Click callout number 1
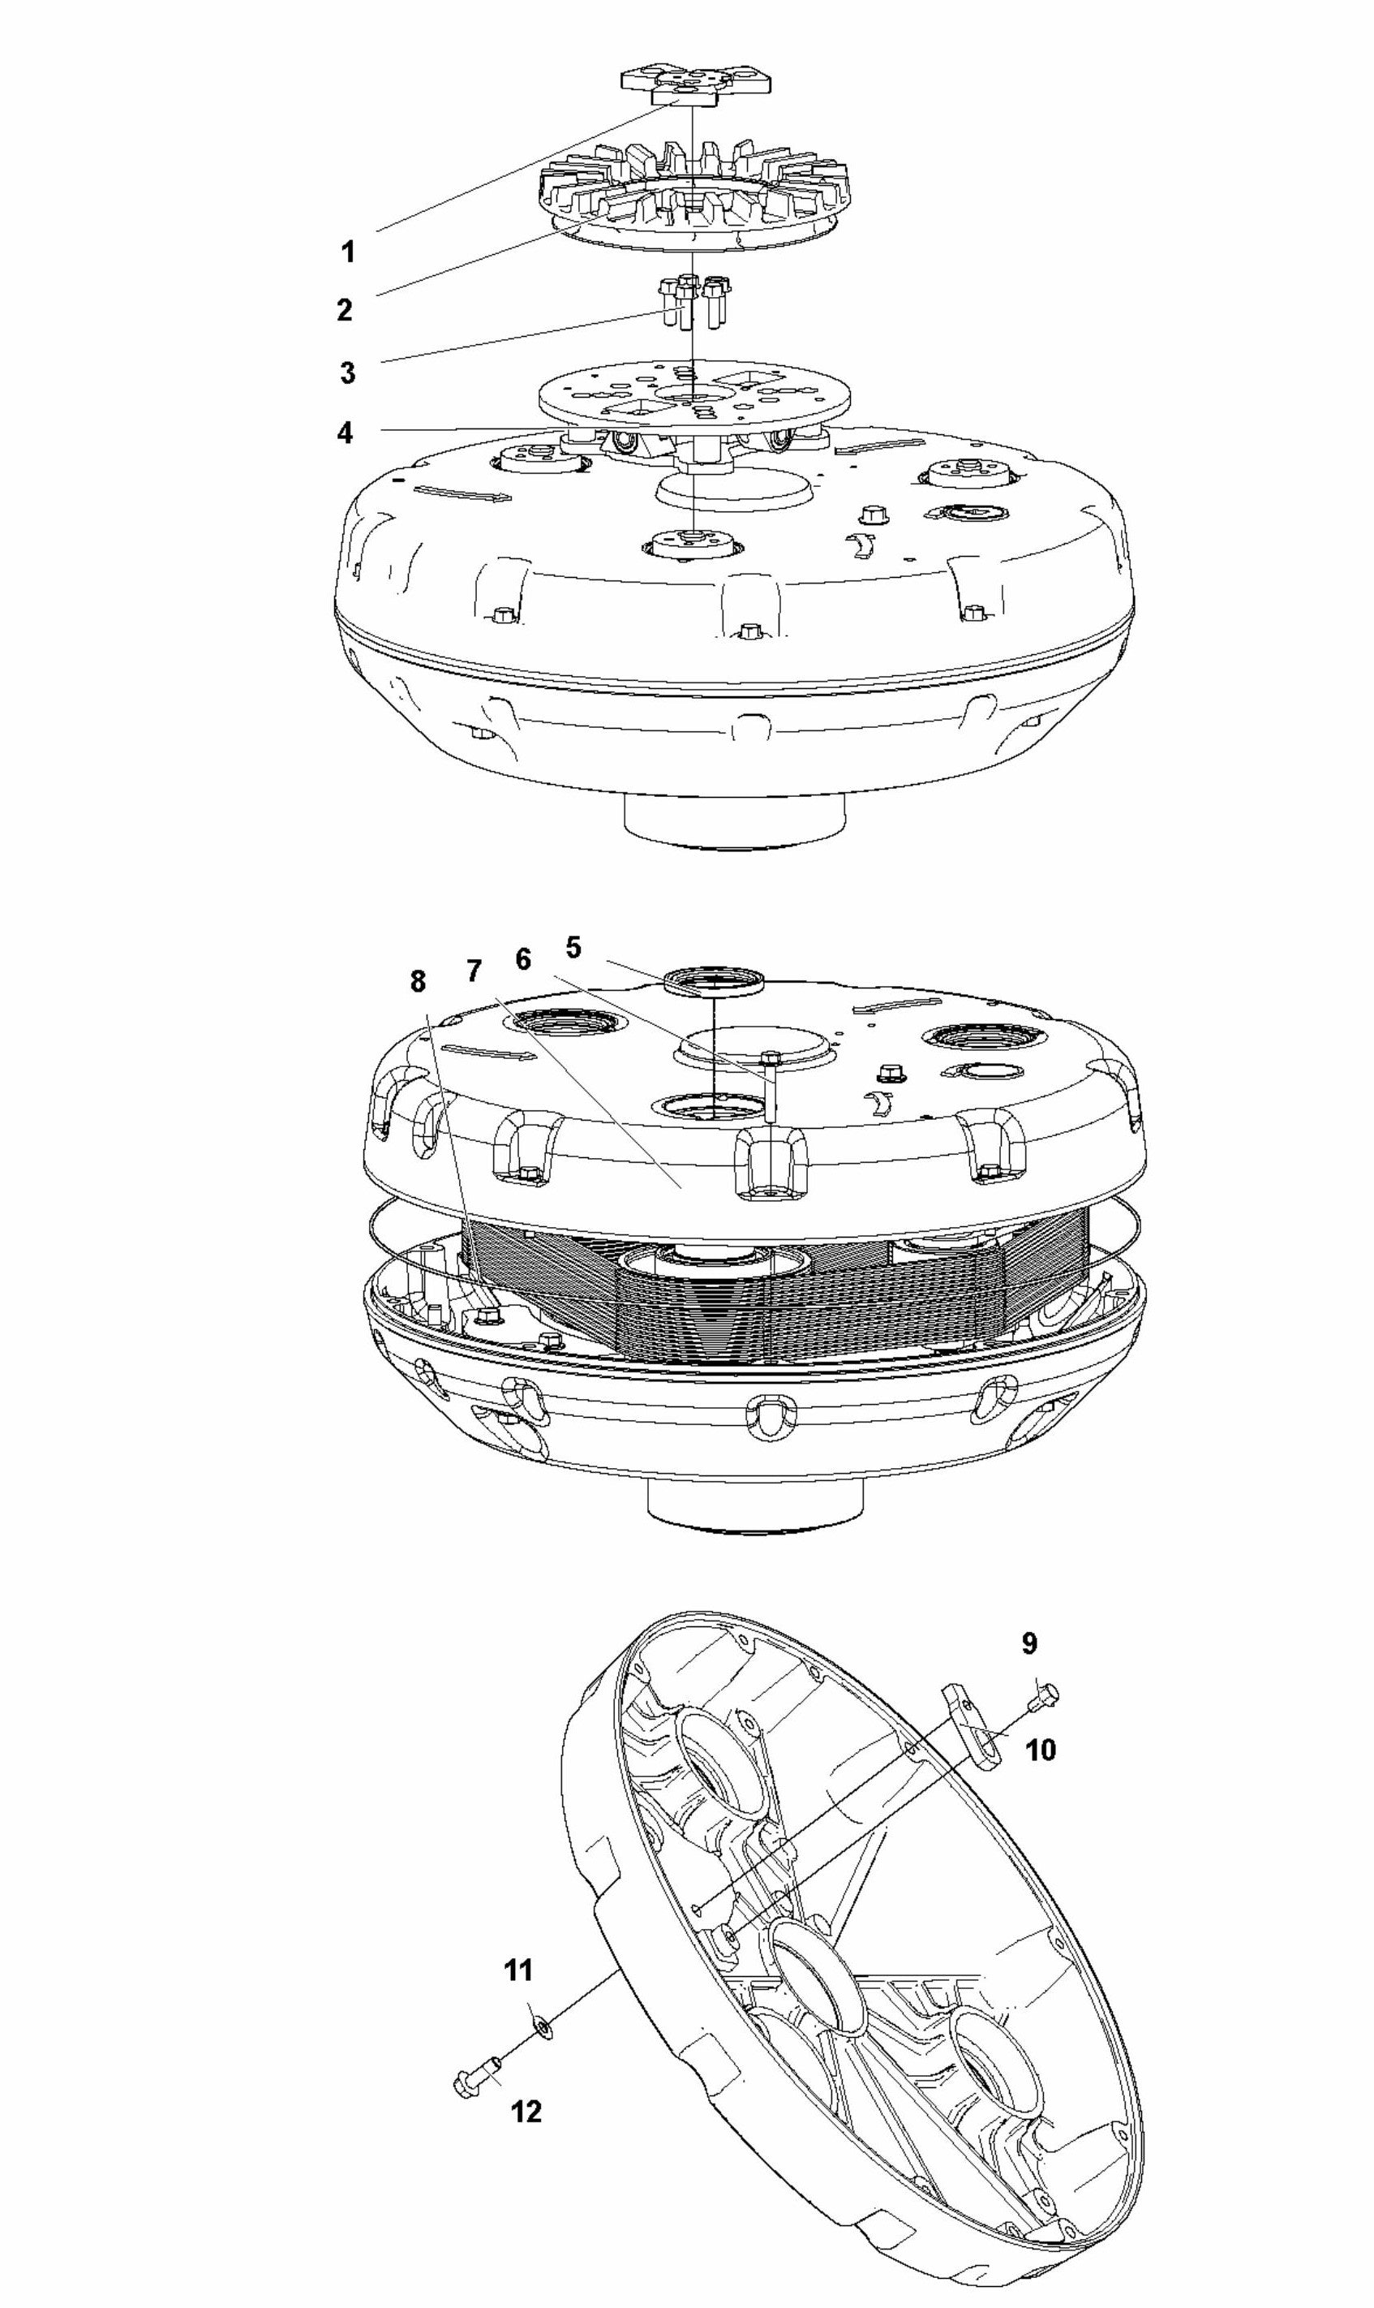click(x=348, y=252)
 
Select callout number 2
click(x=345, y=310)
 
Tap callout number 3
click(x=347, y=373)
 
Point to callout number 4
click(x=345, y=433)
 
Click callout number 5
click(x=573, y=948)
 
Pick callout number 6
click(x=523, y=959)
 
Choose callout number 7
click(x=474, y=971)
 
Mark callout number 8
click(x=418, y=982)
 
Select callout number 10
click(x=1041, y=1750)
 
